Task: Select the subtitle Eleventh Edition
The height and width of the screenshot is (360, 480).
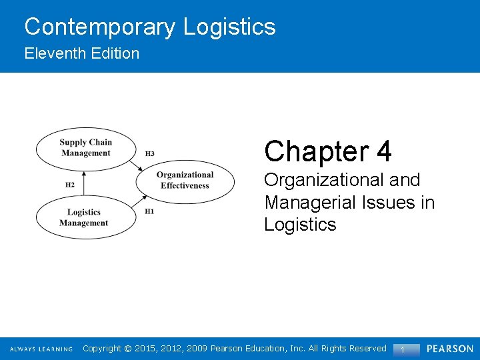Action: tap(82, 53)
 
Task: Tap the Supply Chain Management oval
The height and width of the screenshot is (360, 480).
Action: tap(85, 147)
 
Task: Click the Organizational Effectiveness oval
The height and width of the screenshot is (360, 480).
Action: tap(185, 180)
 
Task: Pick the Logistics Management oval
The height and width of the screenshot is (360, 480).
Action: tap(84, 218)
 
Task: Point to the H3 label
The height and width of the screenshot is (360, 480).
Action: tap(150, 154)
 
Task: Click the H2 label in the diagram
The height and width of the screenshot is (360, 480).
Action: tap(70, 185)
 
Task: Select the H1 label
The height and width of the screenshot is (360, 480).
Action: tap(149, 211)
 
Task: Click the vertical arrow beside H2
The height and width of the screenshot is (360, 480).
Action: tap(85, 183)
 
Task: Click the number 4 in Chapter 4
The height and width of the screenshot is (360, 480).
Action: tap(383, 151)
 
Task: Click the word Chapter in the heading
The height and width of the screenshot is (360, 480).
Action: tap(316, 151)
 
